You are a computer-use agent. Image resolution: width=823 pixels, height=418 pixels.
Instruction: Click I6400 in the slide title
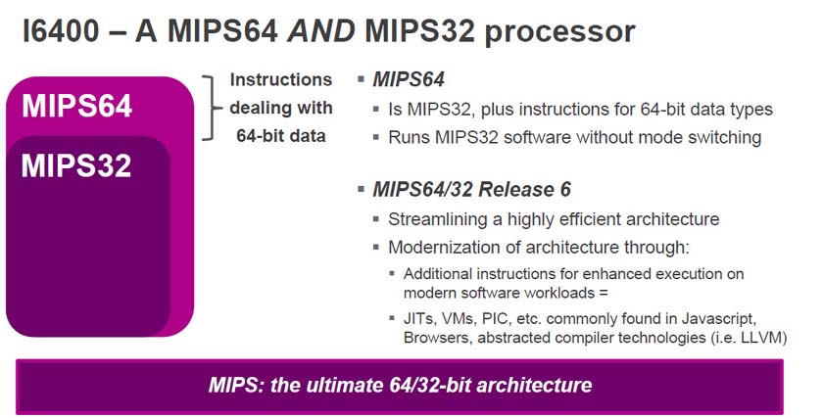pyautogui.click(x=61, y=31)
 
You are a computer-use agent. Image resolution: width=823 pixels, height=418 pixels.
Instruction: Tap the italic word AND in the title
pyautogui.click(x=321, y=31)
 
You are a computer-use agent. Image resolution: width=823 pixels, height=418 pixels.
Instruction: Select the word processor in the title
pyautogui.click(x=559, y=33)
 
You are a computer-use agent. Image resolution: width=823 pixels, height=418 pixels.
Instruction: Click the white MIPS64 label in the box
pyautogui.click(x=76, y=106)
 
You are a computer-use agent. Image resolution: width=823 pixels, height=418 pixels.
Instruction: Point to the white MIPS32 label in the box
pyautogui.click(x=76, y=165)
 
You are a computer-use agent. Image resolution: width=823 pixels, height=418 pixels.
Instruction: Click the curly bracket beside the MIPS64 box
pyautogui.click(x=211, y=108)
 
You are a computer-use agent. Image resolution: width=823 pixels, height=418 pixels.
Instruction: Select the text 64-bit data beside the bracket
pyautogui.click(x=281, y=136)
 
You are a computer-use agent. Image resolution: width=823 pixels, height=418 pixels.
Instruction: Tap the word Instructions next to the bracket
pyautogui.click(x=281, y=79)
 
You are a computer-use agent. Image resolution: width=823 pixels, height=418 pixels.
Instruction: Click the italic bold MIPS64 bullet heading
pyautogui.click(x=409, y=79)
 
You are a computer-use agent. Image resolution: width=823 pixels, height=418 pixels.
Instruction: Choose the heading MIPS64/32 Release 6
pyautogui.click(x=471, y=189)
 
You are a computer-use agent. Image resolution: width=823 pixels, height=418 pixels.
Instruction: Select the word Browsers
pyautogui.click(x=438, y=337)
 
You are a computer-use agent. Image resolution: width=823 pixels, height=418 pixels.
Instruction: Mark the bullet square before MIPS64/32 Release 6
pyautogui.click(x=361, y=189)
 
